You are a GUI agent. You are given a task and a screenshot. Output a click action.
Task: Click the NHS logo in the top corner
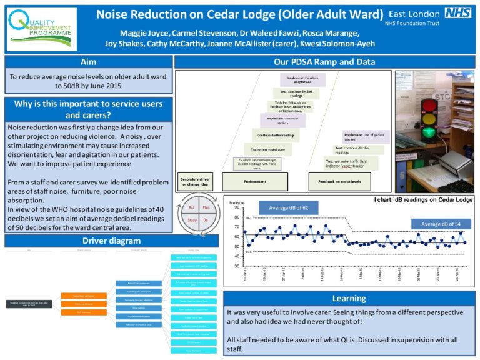pos(458,12)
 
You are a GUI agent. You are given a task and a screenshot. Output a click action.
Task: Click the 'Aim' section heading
pos(88,62)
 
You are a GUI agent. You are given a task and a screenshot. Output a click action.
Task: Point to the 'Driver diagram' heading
pos(88,241)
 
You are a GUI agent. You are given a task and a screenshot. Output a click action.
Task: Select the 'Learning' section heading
pos(349,299)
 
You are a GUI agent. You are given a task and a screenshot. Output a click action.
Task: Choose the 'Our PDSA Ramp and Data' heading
pos(324,62)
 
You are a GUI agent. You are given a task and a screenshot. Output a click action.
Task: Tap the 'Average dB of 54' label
pos(441,224)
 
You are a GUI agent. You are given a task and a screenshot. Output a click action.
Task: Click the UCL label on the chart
pos(249,218)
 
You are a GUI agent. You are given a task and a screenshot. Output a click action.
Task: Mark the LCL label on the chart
pos(249,252)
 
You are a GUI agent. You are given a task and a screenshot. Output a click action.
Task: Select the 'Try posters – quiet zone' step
pos(267,149)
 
